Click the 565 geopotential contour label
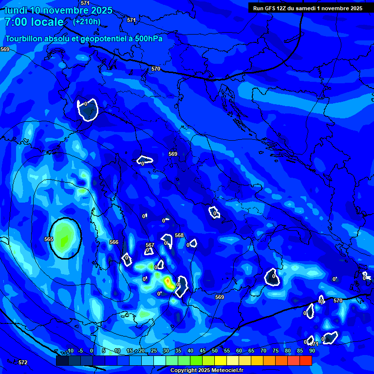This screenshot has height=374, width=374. pos(48,239)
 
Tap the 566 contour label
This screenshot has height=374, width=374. pos(114,242)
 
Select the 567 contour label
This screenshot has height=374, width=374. pos(150,245)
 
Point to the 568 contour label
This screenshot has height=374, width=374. pos(179,235)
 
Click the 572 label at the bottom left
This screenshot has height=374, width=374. pos(23,362)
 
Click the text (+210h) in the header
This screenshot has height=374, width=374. pos(87,21)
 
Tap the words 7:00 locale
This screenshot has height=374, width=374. pos(34,22)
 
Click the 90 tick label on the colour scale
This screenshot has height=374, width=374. pos(312,351)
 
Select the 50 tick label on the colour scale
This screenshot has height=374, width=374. pos(215,351)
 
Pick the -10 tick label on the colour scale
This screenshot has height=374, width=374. pos(70,351)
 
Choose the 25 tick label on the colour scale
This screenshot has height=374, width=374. pos(154,351)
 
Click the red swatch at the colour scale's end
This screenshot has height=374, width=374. pos(306,360)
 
